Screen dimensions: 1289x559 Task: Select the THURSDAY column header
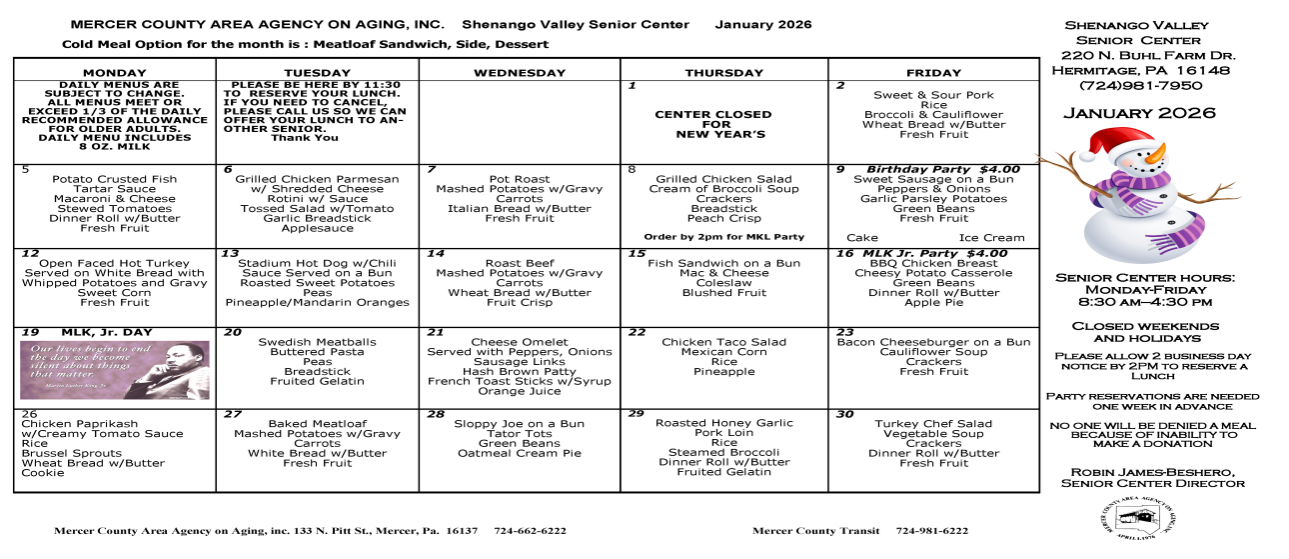723,72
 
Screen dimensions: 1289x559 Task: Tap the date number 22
637,332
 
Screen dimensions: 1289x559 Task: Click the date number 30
844,413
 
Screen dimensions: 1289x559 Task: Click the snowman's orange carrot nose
1156,156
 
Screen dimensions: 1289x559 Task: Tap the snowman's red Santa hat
1115,141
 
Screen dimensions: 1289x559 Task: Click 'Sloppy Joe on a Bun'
518,424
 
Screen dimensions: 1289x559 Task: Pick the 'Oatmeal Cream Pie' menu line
518,453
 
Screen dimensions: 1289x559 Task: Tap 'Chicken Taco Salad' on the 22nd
723,342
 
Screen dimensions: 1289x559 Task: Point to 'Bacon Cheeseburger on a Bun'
933,342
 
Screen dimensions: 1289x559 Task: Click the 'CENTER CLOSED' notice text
712,114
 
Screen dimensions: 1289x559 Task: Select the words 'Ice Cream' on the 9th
991,238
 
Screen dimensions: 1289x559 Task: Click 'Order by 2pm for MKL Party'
723,237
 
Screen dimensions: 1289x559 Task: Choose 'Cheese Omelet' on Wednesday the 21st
519,342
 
